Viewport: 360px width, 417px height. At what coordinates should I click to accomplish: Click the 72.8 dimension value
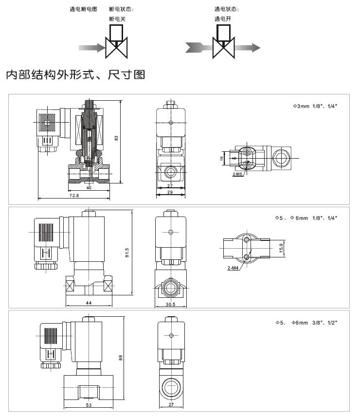74,196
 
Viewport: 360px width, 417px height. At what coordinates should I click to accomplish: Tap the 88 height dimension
121,358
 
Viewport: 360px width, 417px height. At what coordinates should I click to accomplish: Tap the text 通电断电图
84,9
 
